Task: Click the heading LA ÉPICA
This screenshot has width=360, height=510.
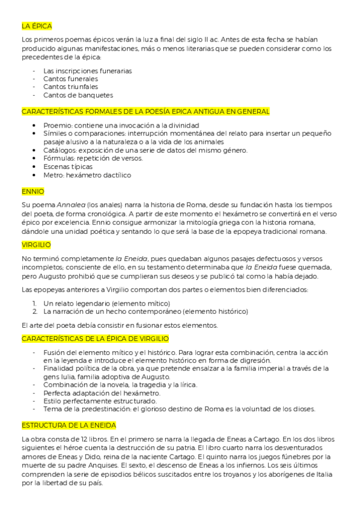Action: [37, 26]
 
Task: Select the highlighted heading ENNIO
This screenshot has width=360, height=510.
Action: [32, 191]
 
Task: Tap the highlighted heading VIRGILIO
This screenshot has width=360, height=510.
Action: [36, 245]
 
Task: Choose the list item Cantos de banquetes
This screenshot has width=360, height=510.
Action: [78, 95]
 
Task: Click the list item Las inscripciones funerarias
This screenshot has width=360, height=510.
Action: [87, 70]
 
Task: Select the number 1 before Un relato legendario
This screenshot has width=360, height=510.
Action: [35, 303]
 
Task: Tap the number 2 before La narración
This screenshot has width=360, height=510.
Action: [35, 312]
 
